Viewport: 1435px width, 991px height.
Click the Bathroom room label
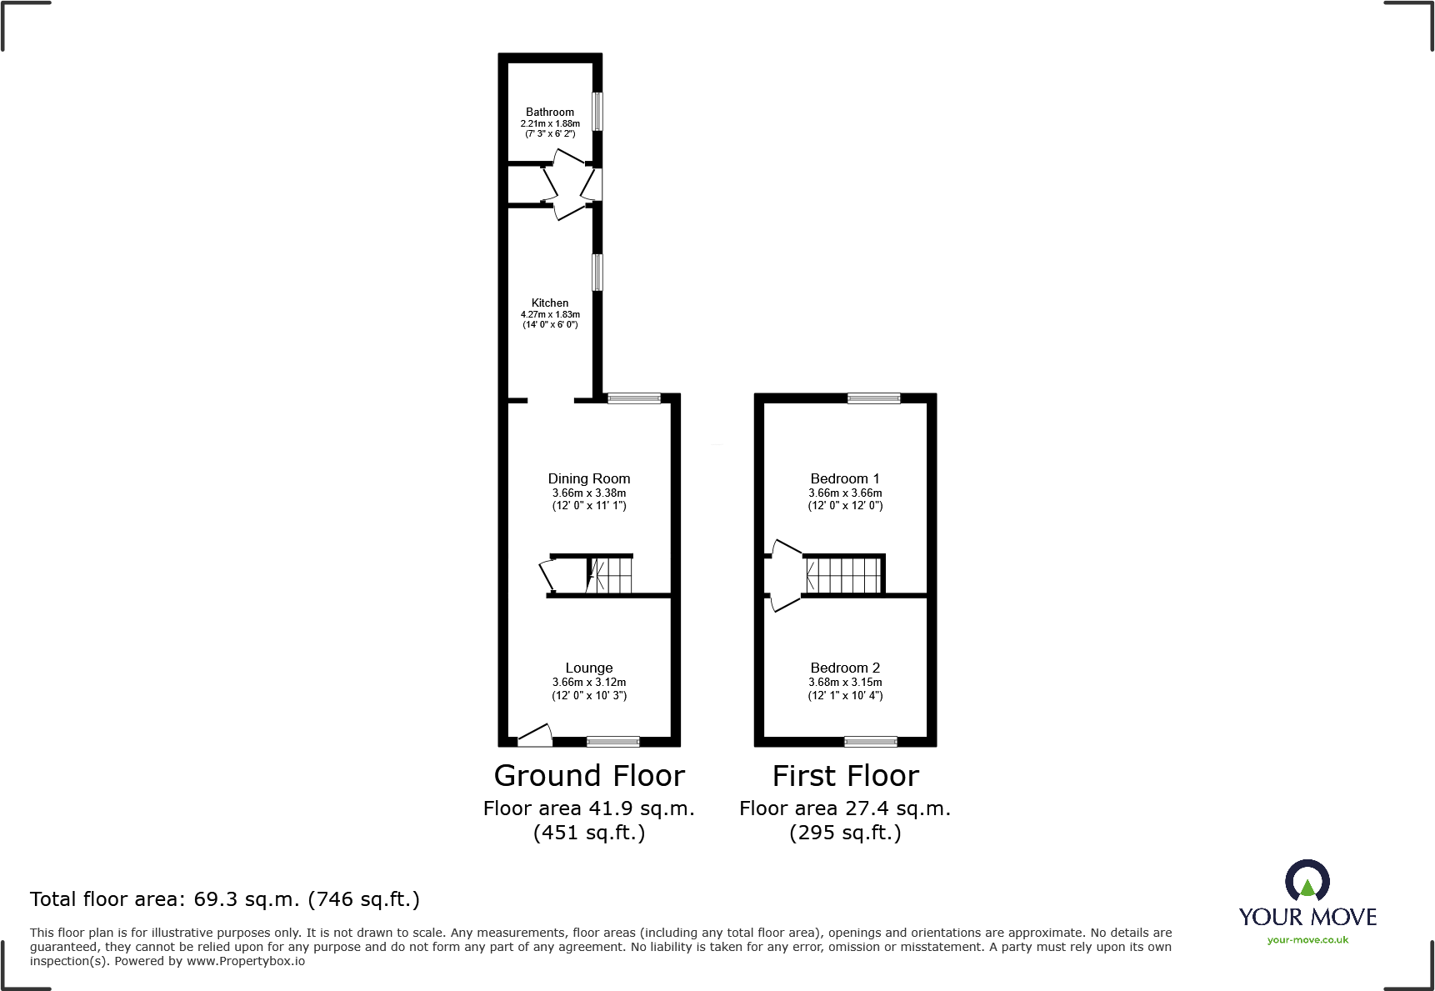point(550,112)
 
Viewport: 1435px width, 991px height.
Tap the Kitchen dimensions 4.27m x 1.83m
point(550,314)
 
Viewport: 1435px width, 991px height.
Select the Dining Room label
point(588,478)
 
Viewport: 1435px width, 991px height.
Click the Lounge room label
point(588,668)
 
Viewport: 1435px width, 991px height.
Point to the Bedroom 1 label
point(844,478)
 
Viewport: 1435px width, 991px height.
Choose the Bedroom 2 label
point(844,668)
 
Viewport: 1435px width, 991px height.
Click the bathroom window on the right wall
point(597,111)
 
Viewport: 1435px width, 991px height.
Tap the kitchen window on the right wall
point(597,273)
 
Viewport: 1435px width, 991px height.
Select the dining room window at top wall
point(634,398)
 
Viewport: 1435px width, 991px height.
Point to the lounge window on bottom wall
point(613,741)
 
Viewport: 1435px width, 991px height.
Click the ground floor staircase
point(611,575)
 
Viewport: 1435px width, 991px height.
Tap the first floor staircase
point(843,575)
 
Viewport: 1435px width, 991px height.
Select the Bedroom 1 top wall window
point(873,398)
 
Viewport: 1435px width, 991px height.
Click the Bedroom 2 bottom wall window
point(870,741)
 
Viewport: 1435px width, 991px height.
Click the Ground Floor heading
point(589,776)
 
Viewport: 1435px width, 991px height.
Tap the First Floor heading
point(845,776)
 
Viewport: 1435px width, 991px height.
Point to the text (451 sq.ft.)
point(589,833)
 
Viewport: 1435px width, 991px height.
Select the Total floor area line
point(225,899)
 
